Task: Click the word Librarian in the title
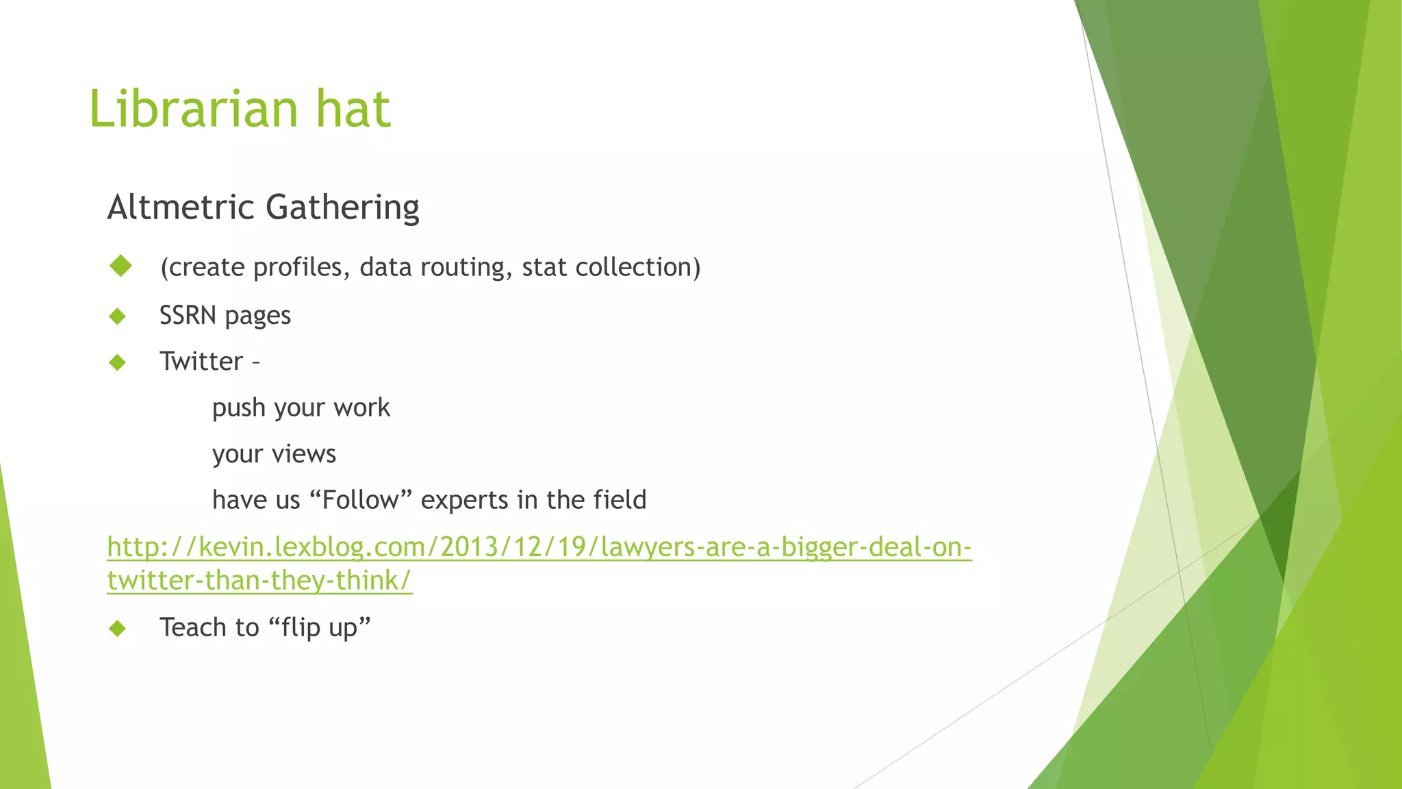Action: (194, 109)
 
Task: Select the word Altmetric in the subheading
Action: (181, 207)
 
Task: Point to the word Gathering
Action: (342, 208)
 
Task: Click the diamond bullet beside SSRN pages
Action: (118, 316)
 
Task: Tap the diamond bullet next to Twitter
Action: (118, 362)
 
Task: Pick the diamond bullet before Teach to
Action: (118, 628)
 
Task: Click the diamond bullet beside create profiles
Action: (120, 266)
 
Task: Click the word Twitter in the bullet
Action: (201, 361)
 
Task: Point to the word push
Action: (239, 408)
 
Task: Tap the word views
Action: (304, 454)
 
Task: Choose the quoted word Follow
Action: (361, 500)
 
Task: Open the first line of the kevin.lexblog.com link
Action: (539, 547)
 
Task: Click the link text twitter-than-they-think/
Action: (260, 581)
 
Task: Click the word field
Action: (620, 500)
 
